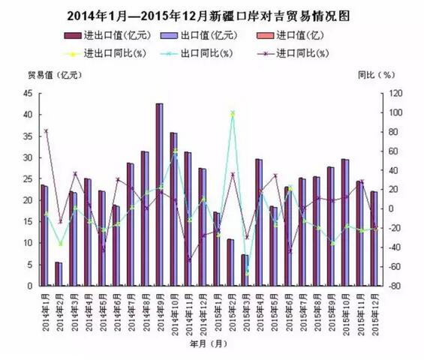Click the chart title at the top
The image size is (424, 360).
coord(211,15)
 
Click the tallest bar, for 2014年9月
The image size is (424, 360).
coord(159,195)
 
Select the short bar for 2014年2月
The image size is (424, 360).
coord(58,274)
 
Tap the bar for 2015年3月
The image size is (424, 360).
coord(244,270)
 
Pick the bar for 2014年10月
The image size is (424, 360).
coord(173,209)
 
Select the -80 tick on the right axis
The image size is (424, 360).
coord(392,286)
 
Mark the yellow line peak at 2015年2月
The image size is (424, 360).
coord(232,112)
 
